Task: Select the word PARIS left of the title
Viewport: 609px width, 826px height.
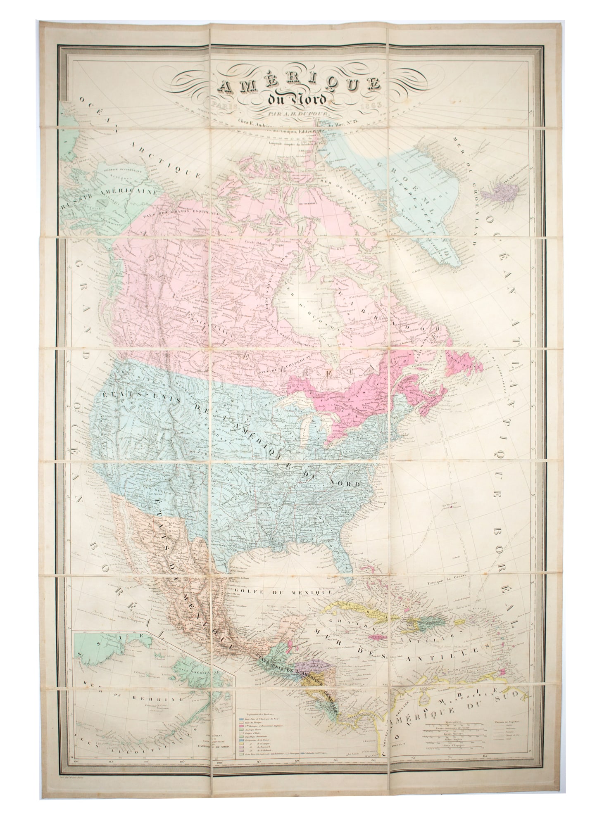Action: pyautogui.click(x=225, y=105)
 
